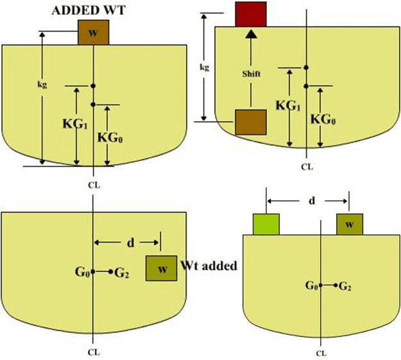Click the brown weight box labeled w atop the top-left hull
(93, 32)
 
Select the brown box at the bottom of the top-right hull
(250, 122)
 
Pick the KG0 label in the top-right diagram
(325, 119)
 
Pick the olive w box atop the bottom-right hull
(349, 225)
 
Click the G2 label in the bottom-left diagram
(121, 272)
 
